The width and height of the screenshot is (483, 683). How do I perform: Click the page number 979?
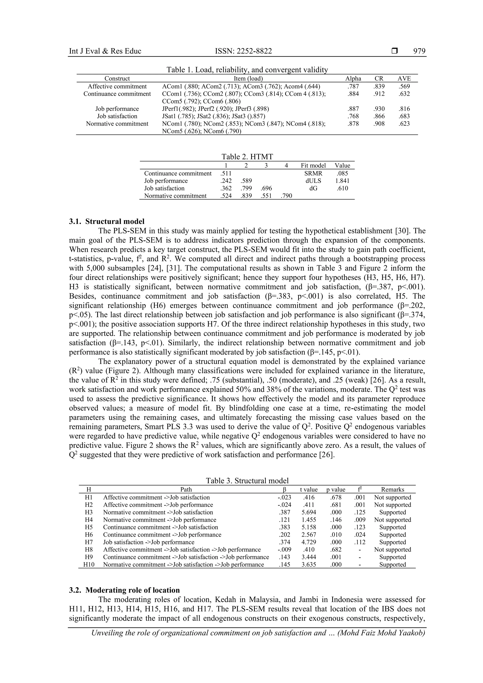419,51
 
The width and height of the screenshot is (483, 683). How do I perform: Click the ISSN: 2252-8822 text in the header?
243,51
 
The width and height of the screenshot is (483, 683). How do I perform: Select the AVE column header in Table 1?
404,79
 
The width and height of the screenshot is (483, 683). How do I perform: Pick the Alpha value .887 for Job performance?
353,109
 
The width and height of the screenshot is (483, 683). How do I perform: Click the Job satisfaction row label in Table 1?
117,116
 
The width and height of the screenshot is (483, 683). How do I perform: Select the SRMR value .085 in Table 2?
342,174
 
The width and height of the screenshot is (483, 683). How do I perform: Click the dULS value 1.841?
342,181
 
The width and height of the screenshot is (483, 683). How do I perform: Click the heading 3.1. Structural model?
107,221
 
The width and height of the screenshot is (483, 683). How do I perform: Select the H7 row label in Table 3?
89,542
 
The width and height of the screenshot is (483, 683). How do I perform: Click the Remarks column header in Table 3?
392,490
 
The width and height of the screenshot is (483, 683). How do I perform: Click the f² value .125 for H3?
360,512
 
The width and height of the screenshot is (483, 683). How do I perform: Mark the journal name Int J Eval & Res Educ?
105,51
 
